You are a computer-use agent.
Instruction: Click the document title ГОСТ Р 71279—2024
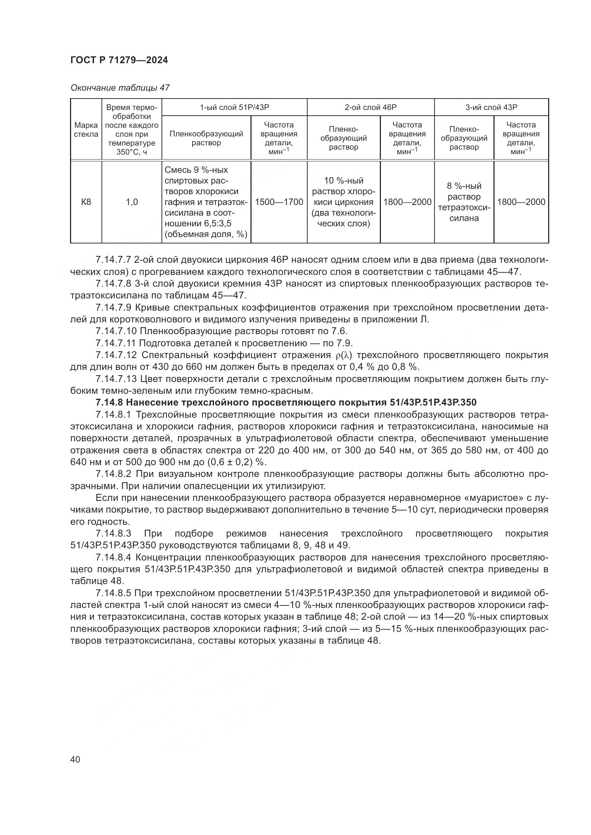[119, 60]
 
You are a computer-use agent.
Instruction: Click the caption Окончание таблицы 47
[120, 88]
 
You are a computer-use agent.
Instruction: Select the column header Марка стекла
[86, 130]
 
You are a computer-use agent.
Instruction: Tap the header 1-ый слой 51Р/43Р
[234, 107]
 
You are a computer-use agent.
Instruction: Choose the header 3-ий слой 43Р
[491, 107]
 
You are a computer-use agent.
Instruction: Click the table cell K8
[86, 202]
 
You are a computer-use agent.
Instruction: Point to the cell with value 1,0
[132, 202]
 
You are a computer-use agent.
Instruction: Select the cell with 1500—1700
[279, 202]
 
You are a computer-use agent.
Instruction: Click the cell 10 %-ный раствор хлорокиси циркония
[343, 202]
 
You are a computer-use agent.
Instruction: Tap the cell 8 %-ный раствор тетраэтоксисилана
[464, 202]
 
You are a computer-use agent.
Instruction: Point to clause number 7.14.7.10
[116, 331]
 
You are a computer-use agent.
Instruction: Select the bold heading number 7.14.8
[109, 403]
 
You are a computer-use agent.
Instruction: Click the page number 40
[75, 759]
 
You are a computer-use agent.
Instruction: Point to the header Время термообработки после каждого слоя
[132, 130]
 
